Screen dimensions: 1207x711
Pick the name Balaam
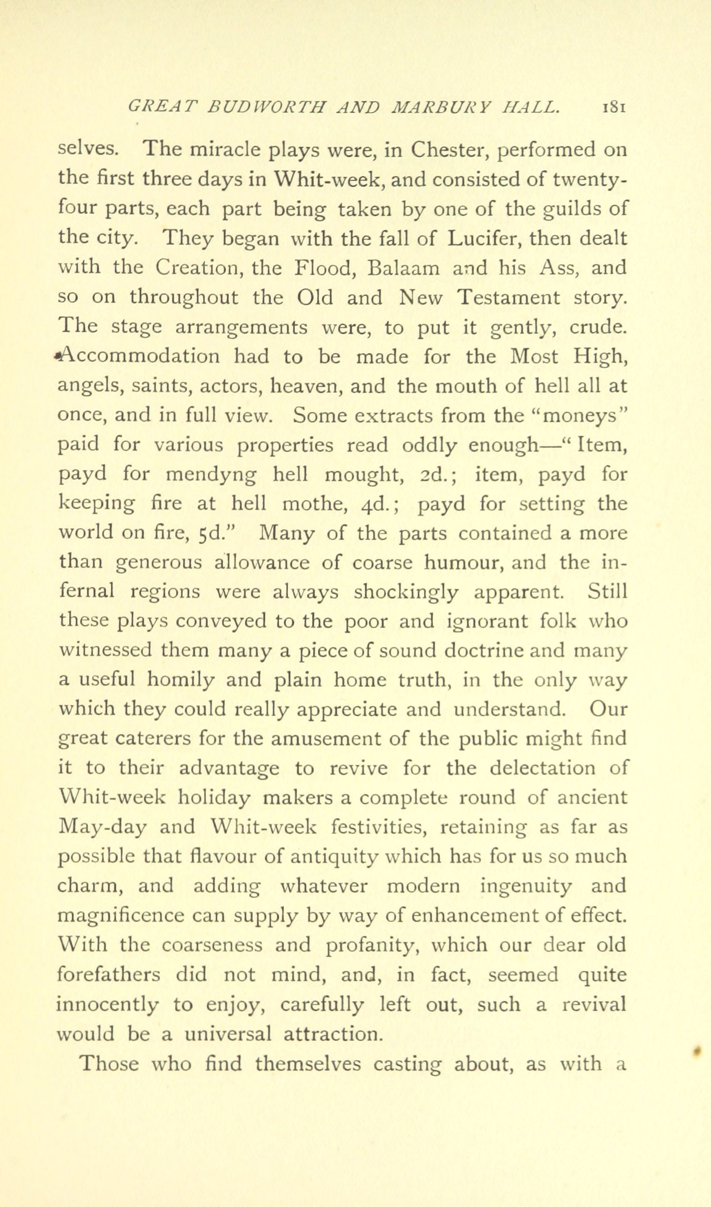(404, 268)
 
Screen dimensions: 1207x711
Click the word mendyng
(211, 475)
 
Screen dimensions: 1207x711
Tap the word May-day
(103, 828)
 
